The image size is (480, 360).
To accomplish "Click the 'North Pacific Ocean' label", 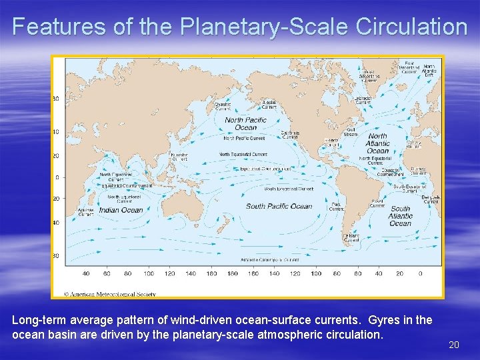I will click(245, 124).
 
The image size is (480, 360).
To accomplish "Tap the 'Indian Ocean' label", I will click(121, 210).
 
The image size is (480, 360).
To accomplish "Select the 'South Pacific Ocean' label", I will click(279, 206).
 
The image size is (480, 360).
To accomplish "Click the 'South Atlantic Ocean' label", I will click(401, 216).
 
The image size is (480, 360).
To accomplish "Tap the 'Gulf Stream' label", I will click(351, 132).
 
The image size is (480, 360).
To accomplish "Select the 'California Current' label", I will click(290, 135).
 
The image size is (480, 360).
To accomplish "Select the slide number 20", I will click(454, 345).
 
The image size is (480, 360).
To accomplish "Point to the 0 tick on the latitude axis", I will click(57, 177).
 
